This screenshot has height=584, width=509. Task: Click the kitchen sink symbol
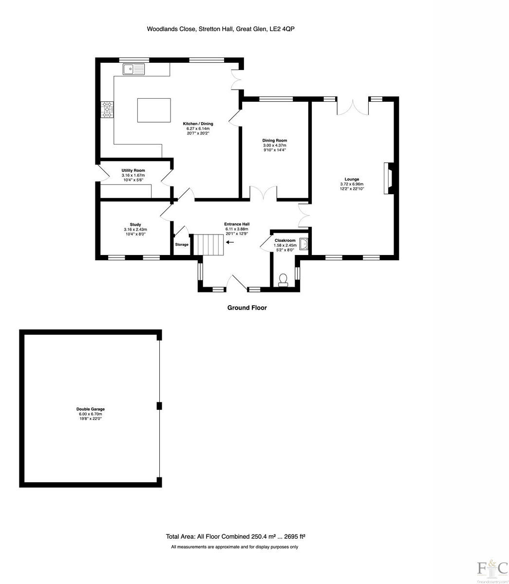(134, 70)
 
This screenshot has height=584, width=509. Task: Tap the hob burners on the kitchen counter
(107, 109)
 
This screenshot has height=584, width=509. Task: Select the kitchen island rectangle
(154, 110)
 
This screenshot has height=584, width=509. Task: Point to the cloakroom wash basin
(304, 244)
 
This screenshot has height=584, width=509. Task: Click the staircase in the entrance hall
(209, 244)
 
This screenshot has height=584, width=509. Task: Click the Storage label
(182, 244)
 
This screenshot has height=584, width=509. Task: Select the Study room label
(135, 225)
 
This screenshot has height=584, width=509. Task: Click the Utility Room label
(133, 170)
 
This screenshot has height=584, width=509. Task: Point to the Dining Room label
(275, 141)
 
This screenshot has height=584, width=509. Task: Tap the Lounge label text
(352, 179)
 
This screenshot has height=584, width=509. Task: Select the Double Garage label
(90, 409)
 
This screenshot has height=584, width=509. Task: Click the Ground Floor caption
(247, 308)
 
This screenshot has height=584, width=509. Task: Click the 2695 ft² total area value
(292, 537)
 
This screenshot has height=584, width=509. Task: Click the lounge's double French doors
(353, 107)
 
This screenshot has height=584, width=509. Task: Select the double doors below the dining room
(264, 193)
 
